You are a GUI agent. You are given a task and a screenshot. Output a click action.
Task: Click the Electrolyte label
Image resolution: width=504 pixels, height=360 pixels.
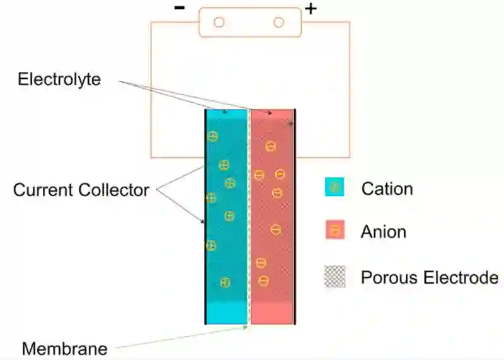pos(59,80)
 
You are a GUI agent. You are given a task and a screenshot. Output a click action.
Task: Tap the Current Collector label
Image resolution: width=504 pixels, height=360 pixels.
pos(81,190)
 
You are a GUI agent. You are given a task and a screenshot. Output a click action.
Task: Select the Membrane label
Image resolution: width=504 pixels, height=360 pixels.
pos(64,348)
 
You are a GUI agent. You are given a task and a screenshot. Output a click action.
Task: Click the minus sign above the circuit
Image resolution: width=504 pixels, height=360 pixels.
pos(180,9)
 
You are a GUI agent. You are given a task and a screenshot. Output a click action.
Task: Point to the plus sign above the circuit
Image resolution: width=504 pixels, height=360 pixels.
pos(311,9)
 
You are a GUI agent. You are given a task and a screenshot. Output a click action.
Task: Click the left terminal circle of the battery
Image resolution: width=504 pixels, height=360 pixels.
pos(219,23)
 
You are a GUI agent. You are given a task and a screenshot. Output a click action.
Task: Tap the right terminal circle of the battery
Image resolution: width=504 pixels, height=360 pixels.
pos(278,23)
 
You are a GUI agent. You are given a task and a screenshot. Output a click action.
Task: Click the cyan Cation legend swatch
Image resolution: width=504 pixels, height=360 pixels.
pos(335,187)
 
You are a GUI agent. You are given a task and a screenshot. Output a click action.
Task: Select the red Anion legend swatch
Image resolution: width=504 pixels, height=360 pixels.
pos(335,231)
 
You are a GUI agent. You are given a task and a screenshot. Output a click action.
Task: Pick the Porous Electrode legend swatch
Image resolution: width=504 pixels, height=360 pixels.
pos(335,277)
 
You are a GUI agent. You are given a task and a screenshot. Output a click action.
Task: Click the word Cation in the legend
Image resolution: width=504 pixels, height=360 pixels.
pos(387,189)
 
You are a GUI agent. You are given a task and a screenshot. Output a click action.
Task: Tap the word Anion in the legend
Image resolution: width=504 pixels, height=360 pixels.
pos(383,231)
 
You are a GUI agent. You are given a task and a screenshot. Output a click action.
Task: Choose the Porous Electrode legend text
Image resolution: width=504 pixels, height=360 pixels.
pos(430,277)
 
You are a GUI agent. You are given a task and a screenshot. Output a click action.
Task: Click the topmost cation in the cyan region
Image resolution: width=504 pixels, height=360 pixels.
pos(213,137)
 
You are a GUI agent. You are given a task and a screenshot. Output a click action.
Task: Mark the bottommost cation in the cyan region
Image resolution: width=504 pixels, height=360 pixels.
pos(225,282)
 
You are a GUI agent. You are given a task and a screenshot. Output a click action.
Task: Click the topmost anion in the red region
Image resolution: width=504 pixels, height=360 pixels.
pos(270,146)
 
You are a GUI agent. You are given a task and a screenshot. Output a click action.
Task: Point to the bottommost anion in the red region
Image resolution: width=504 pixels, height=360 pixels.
pos(263,281)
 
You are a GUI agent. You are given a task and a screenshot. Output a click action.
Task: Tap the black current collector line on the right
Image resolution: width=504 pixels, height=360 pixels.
pos(295,221)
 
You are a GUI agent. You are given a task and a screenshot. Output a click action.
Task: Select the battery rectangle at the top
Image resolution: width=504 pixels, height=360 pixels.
pos(249,23)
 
